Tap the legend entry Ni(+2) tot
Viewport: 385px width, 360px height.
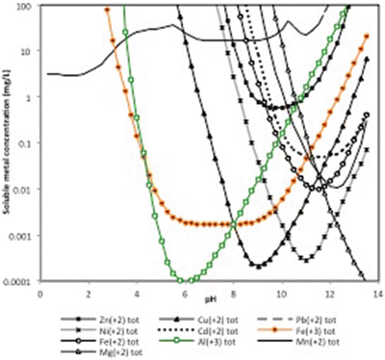pos(106,329)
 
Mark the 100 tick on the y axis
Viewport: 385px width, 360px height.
pos(26,6)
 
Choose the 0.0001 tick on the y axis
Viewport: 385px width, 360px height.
pos(20,282)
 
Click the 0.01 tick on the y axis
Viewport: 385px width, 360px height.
pos(24,190)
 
